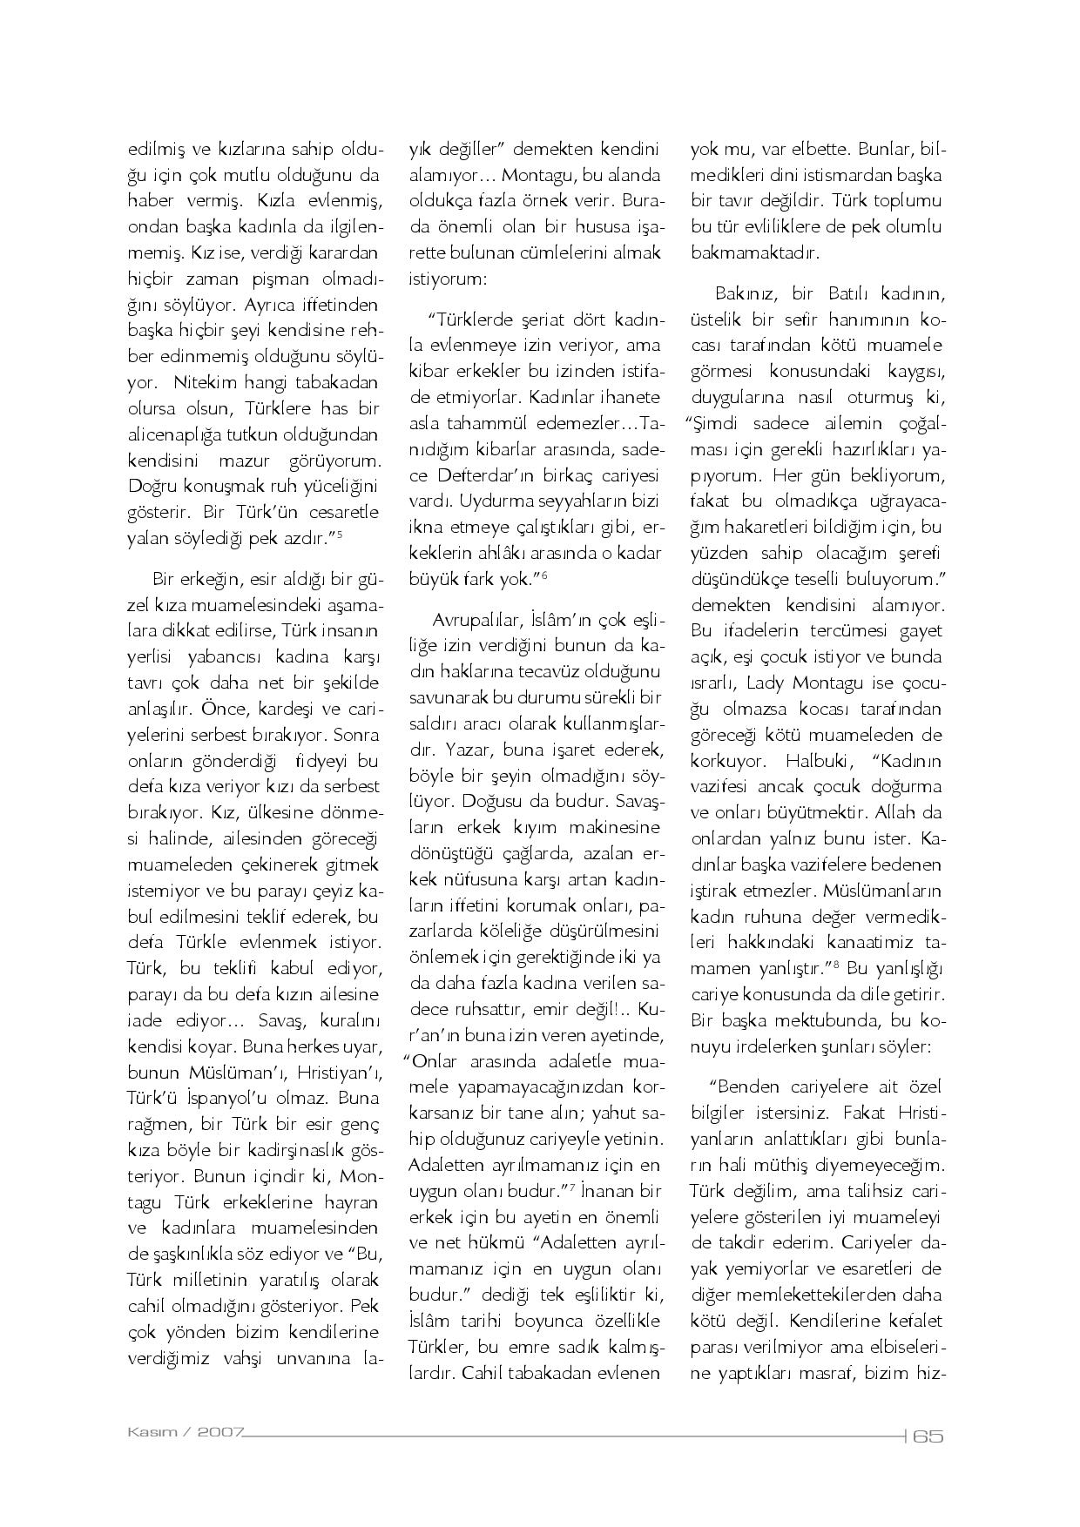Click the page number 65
point(928,1436)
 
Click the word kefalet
point(914,1322)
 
